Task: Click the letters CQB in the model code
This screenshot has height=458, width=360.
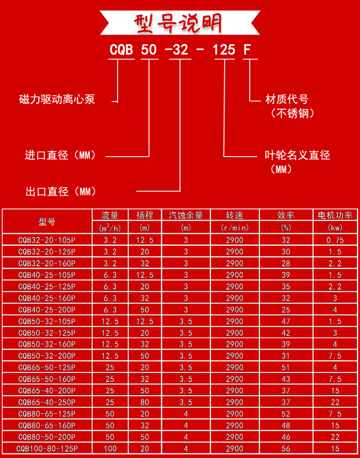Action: click(x=121, y=50)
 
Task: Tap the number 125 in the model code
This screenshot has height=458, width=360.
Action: click(x=224, y=50)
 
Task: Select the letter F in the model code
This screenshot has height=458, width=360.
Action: click(x=247, y=50)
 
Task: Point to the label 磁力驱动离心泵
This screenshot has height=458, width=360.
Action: click(x=57, y=99)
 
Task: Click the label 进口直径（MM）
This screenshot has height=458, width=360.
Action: click(x=61, y=156)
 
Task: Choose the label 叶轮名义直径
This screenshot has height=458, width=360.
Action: click(x=297, y=156)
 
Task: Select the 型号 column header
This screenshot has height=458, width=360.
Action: click(x=47, y=222)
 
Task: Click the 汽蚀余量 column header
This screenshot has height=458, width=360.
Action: click(x=185, y=215)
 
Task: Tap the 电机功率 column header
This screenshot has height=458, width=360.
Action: click(x=335, y=215)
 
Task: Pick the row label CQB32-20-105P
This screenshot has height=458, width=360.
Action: click(x=47, y=240)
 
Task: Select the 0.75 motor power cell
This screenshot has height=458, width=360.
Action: click(x=335, y=240)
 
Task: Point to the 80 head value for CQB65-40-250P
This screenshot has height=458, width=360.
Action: click(x=145, y=402)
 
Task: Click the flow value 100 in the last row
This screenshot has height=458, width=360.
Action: click(x=110, y=448)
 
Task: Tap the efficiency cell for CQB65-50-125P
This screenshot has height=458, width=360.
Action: click(x=286, y=367)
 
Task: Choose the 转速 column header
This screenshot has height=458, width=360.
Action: click(x=235, y=215)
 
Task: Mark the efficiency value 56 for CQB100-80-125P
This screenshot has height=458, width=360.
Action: click(x=286, y=448)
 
